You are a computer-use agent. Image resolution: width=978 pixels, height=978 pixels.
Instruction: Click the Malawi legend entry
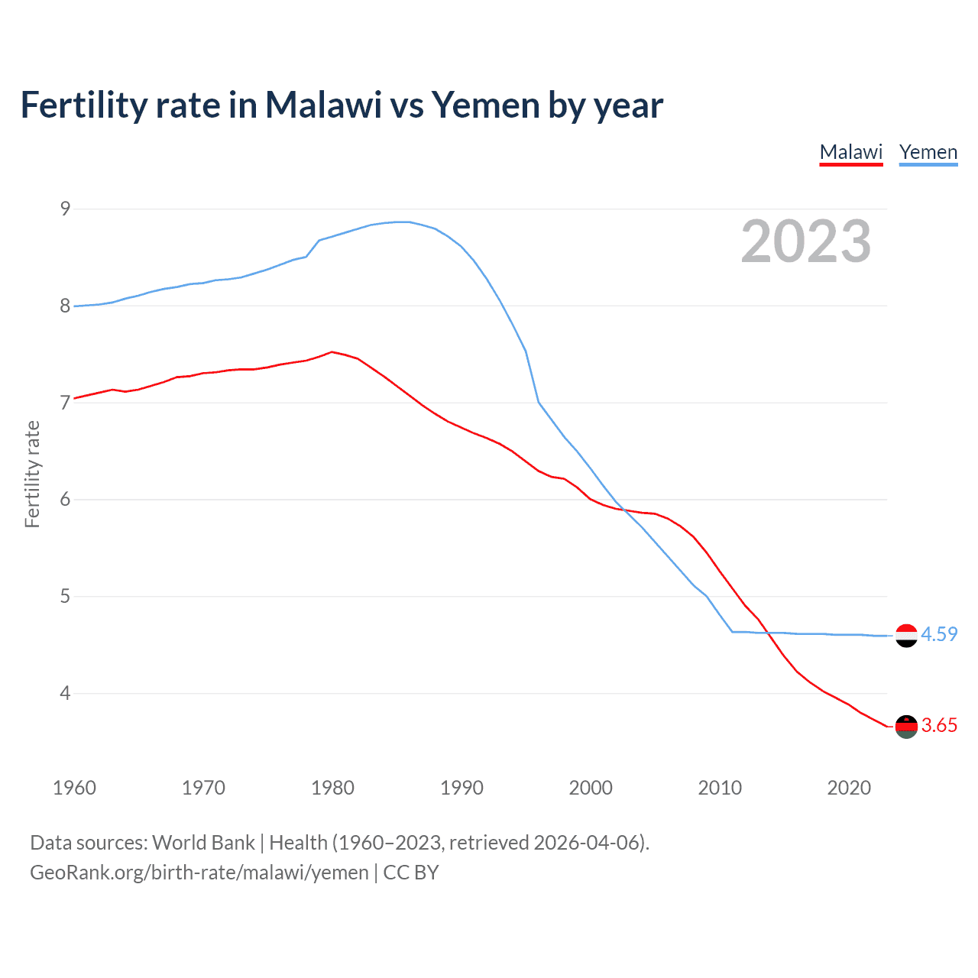851,152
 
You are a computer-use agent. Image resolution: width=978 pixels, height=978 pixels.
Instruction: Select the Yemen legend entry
928,152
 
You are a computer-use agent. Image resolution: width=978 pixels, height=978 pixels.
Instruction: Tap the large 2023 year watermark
806,241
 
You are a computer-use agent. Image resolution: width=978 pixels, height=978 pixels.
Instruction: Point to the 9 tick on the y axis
65,209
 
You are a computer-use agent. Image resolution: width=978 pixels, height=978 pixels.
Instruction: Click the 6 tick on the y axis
65,500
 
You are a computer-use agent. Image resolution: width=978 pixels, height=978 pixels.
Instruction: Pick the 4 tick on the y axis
65,693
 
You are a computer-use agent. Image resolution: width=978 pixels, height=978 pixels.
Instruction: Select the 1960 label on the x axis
74,788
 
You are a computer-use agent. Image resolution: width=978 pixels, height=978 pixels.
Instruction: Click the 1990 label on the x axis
461,788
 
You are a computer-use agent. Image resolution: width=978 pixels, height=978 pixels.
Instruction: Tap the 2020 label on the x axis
849,788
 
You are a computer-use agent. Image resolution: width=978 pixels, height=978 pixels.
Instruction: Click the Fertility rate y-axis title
32,474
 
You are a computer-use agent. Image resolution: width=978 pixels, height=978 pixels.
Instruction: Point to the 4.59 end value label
939,634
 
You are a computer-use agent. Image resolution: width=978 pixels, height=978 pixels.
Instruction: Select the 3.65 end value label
939,725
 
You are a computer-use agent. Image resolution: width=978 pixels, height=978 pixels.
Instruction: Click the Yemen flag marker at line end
906,635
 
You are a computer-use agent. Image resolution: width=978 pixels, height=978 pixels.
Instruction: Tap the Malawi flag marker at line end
906,726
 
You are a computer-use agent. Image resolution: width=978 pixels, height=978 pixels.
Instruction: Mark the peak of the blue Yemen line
403,222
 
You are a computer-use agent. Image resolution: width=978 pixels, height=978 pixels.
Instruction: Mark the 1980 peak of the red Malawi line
332,352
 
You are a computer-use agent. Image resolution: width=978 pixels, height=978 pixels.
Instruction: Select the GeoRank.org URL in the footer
199,873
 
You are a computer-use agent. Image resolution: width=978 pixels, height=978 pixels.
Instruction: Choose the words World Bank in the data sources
203,843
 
